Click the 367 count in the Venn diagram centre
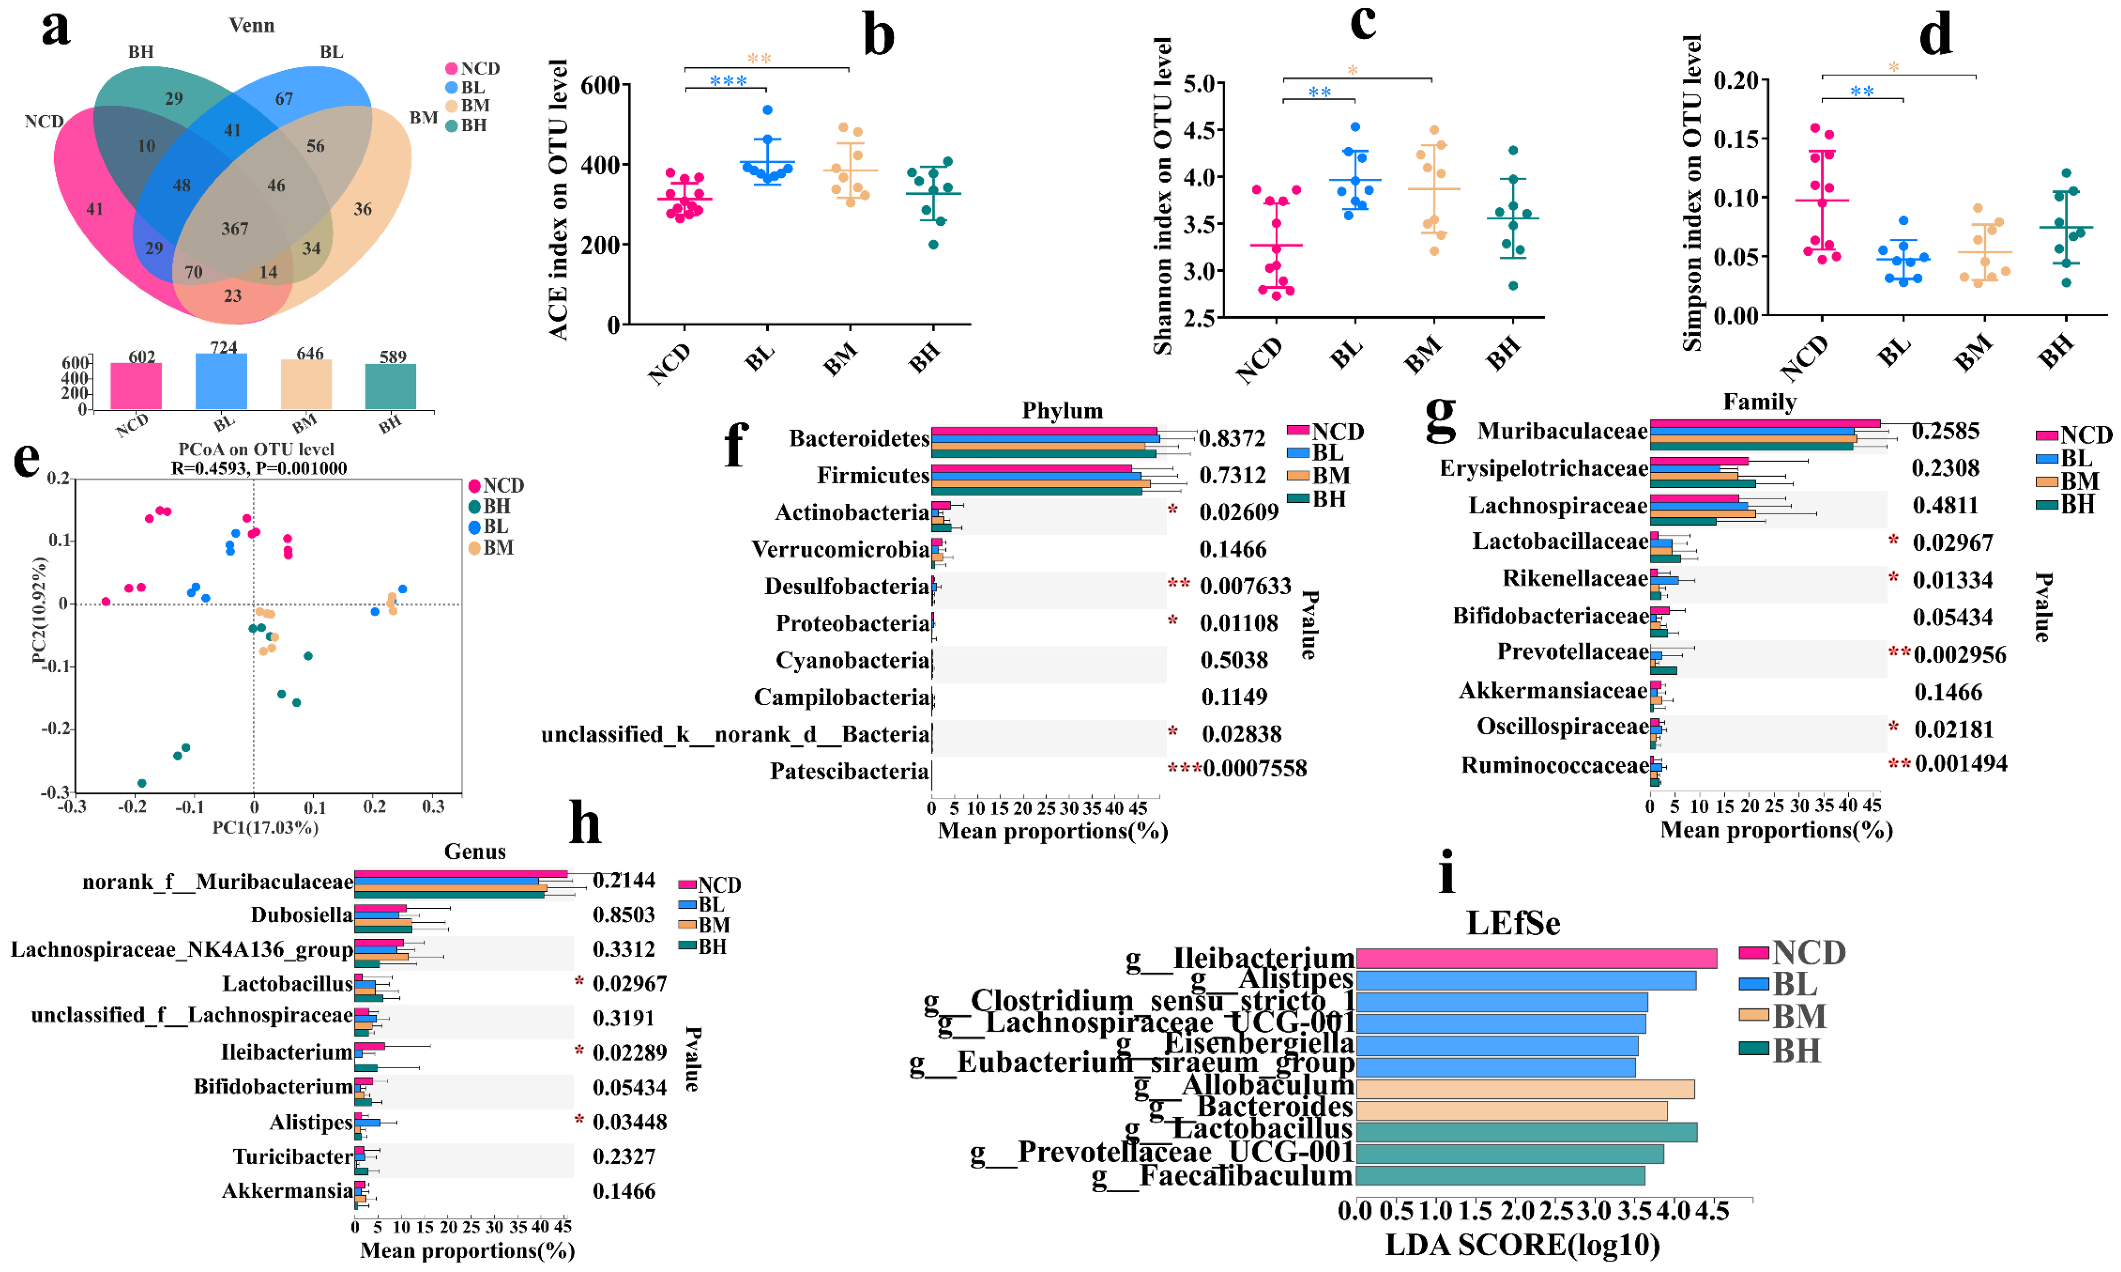[x=235, y=229]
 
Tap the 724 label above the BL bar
[x=224, y=347]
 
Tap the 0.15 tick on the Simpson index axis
[x=1736, y=139]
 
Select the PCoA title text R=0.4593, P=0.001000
[x=259, y=468]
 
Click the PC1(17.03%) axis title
[x=265, y=827]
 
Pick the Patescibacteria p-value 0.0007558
[x=1254, y=769]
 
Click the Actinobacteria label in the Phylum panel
[x=851, y=513]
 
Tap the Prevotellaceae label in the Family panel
[x=1572, y=653]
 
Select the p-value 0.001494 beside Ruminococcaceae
[x=1961, y=764]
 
